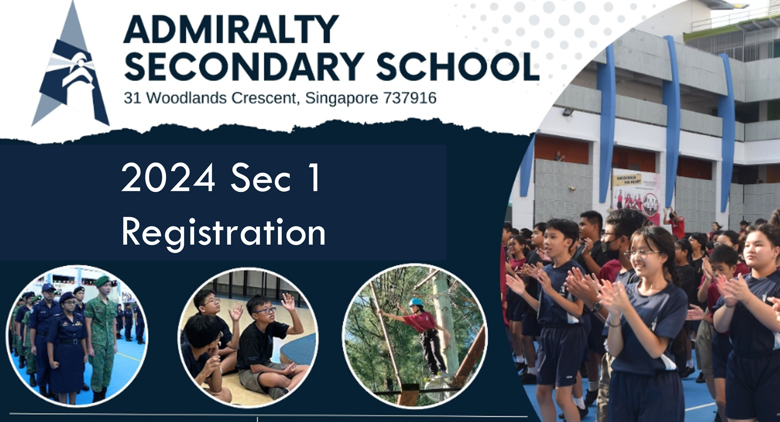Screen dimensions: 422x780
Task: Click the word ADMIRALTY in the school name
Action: (x=231, y=29)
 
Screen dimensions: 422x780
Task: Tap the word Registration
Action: (x=223, y=233)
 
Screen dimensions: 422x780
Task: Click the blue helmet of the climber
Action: (x=415, y=302)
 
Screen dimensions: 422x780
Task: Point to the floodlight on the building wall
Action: (x=567, y=113)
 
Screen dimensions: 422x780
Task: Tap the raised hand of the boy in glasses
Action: (x=287, y=302)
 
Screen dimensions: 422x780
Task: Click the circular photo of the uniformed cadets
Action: (x=77, y=335)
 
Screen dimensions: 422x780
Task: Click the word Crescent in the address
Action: (x=264, y=98)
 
